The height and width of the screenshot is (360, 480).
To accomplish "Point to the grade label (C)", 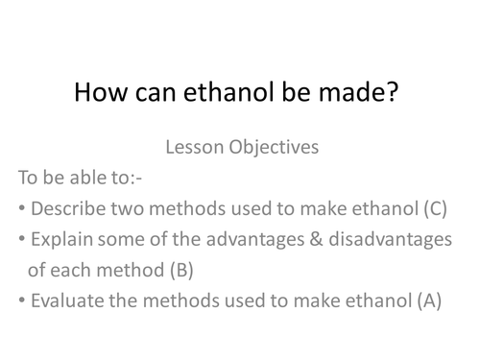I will click(432, 208).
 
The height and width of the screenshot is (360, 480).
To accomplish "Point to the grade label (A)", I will click(428, 300).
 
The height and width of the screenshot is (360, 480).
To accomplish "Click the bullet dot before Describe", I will click(21, 209).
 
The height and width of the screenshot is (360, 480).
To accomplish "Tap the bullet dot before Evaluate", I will click(21, 301).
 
